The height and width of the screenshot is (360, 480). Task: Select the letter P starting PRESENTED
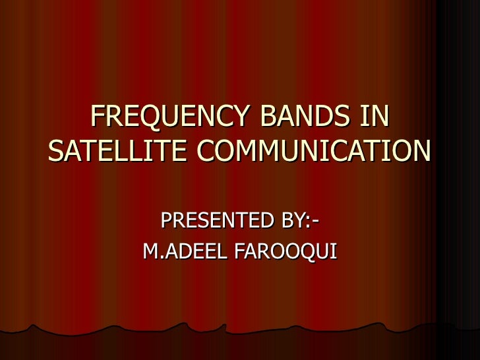166,220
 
